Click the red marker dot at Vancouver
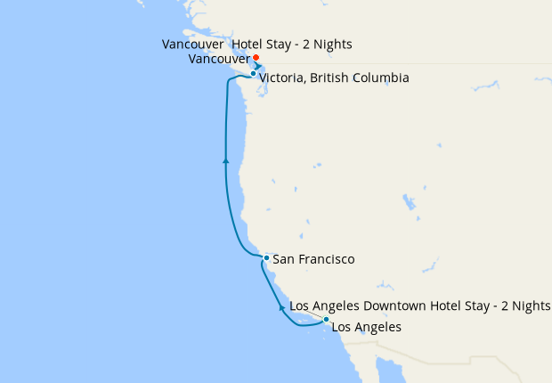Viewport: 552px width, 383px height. tap(256, 58)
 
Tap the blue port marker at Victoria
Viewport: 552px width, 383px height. tap(253, 74)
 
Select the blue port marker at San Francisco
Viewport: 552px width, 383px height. tap(266, 258)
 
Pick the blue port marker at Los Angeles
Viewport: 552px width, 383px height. tap(326, 319)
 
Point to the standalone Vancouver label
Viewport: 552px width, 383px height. tap(219, 59)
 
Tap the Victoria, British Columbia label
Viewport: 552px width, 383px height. tap(334, 78)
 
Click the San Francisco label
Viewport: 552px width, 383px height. tap(313, 259)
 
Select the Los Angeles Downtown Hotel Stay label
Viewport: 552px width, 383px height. tap(420, 306)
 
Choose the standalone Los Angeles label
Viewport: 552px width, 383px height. tap(366, 327)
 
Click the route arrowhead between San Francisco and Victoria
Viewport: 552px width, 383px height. tap(226, 161)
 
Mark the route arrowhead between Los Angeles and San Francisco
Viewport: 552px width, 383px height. tap(282, 307)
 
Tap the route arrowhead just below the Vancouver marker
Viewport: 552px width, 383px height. tap(257, 66)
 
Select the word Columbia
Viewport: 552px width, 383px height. tap(381, 78)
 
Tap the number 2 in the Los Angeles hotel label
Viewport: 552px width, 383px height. tap(499, 306)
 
